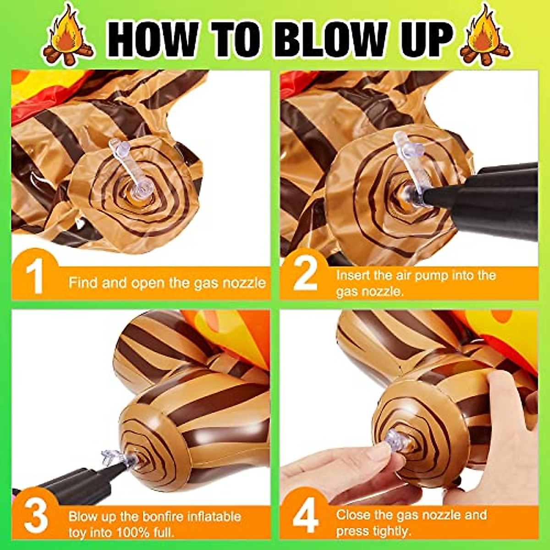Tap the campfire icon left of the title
pyautogui.click(x=67, y=35)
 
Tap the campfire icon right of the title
pyautogui.click(x=485, y=35)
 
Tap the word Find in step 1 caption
pyautogui.click(x=83, y=282)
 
